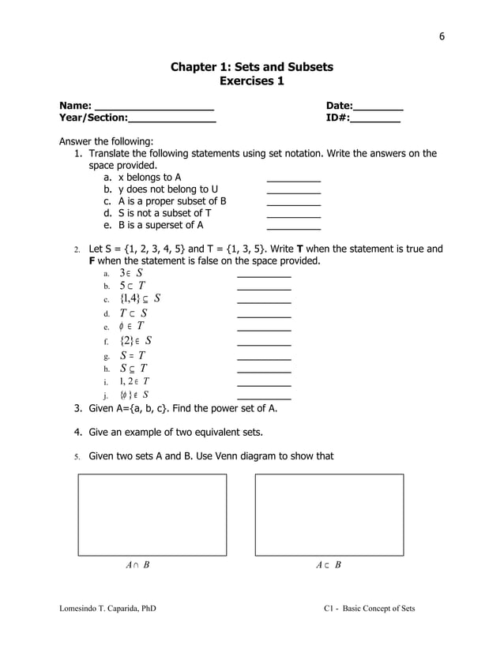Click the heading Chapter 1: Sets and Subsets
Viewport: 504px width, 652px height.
(x=251, y=67)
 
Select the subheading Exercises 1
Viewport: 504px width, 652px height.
(x=251, y=81)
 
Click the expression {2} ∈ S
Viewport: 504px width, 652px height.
(x=136, y=341)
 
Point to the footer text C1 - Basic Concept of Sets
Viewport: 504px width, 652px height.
(x=369, y=609)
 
